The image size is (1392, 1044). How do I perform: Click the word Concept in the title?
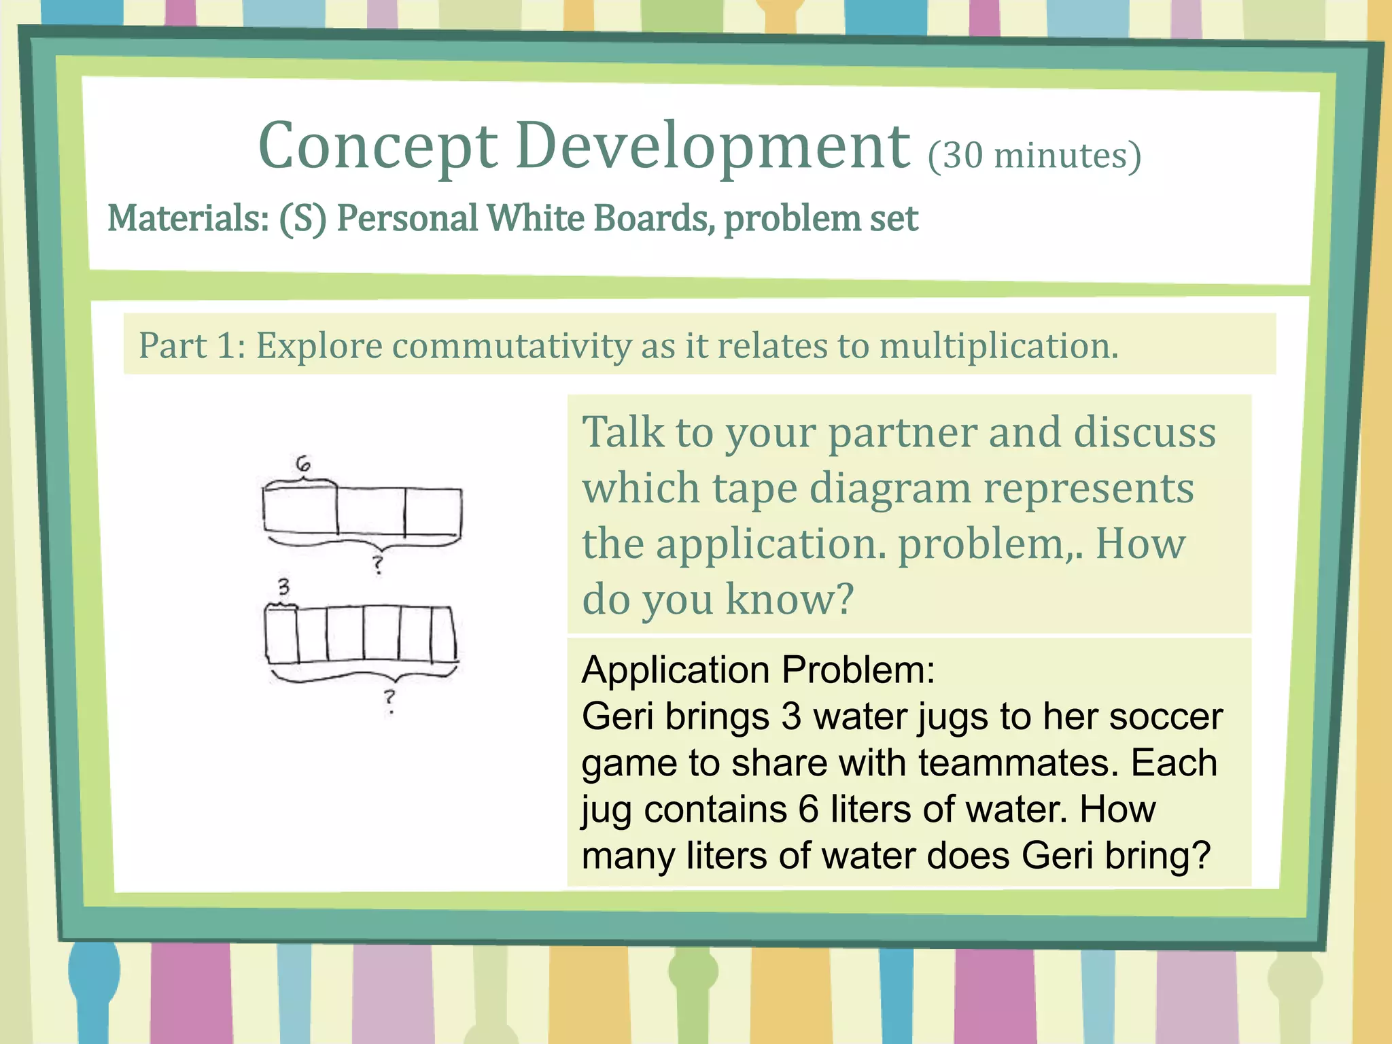point(378,146)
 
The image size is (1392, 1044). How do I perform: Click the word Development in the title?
point(712,146)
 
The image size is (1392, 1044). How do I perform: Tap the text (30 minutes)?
point(1034,156)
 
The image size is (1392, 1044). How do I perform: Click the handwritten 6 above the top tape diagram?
point(303,464)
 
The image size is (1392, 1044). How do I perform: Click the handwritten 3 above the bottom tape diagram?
point(283,586)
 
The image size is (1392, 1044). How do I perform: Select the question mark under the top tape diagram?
point(378,563)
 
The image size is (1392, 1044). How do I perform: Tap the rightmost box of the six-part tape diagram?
point(443,634)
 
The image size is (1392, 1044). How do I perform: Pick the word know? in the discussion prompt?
point(788,599)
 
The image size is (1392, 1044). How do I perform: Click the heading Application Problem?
point(758,670)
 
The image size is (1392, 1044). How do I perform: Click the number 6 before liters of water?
point(807,810)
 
